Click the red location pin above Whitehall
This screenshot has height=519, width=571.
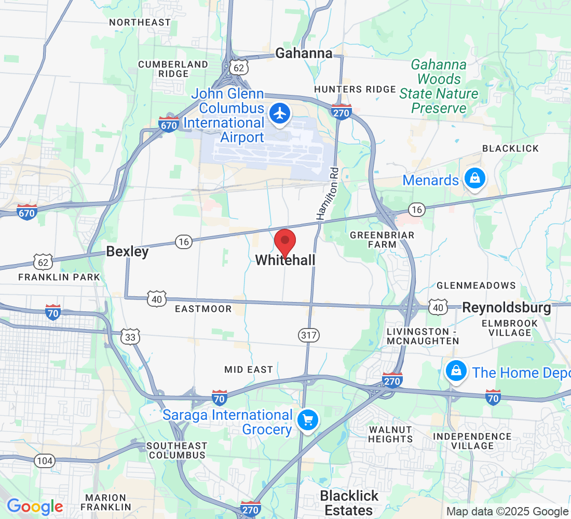[x=284, y=242]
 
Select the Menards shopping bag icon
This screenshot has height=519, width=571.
[x=474, y=179]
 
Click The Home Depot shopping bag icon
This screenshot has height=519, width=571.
[x=455, y=371]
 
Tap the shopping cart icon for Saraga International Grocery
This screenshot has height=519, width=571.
[x=307, y=420]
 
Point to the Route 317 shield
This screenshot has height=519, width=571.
[x=309, y=335]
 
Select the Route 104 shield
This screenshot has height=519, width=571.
[x=45, y=460]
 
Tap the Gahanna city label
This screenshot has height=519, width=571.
[x=304, y=53]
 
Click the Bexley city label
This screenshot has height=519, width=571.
[x=127, y=252]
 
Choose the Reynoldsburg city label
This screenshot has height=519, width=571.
[x=507, y=307]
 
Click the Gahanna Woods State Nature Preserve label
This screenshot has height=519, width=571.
[x=439, y=86]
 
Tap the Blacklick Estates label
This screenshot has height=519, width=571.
[x=349, y=502]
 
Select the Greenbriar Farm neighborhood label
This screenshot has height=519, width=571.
[x=382, y=239]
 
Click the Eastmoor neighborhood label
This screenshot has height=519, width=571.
[x=203, y=309]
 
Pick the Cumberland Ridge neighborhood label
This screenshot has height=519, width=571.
[x=173, y=69]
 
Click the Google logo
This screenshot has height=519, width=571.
[x=35, y=507]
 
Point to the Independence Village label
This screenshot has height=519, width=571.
[x=472, y=441]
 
